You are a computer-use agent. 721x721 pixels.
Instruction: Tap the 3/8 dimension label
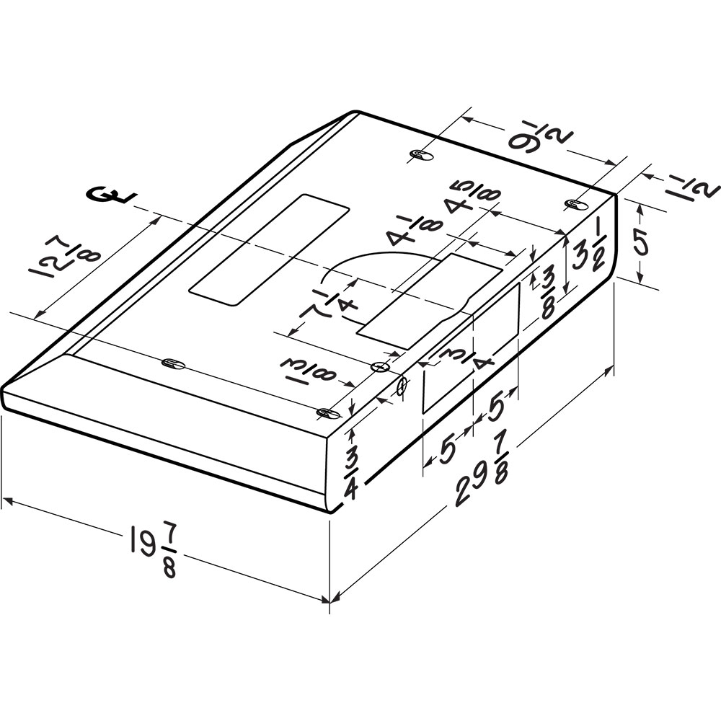click(548, 293)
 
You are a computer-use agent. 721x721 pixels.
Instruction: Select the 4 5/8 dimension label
click(472, 198)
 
